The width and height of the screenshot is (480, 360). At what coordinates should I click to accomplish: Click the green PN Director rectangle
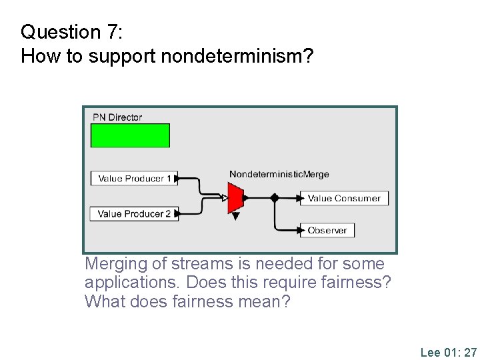(130, 135)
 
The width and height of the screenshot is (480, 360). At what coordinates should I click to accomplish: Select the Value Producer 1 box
(134, 179)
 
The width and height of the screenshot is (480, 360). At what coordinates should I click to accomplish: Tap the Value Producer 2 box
(134, 214)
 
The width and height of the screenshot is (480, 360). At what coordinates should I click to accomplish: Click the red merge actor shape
(235, 198)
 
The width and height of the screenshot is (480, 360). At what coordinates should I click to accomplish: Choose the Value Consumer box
(344, 198)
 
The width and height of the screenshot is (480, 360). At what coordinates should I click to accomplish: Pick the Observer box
(327, 231)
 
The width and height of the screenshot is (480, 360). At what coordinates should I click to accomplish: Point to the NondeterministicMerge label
(279, 175)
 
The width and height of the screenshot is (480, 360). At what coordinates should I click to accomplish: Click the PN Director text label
(117, 117)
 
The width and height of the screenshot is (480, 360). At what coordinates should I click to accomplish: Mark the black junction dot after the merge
(274, 198)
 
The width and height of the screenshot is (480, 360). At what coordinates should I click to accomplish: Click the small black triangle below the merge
(235, 216)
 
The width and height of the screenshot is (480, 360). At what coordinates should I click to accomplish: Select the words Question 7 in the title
(60, 32)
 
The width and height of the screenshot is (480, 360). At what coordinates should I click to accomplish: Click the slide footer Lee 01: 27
(448, 352)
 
